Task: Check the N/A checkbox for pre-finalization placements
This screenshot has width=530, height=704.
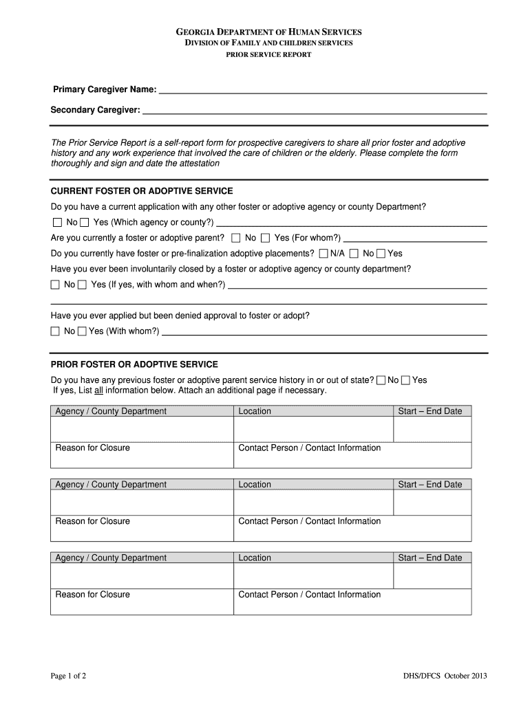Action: click(x=324, y=254)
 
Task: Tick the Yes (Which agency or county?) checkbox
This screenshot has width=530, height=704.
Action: click(x=84, y=223)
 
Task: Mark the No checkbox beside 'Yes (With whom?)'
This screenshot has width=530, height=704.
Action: click(x=56, y=331)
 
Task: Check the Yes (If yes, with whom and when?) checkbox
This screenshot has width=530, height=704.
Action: click(x=82, y=285)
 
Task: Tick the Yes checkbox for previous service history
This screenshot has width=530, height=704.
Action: click(x=405, y=380)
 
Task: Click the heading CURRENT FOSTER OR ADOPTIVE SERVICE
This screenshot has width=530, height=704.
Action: click(x=142, y=190)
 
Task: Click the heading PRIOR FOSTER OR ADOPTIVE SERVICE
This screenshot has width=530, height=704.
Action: click(x=134, y=364)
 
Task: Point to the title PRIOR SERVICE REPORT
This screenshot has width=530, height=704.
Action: click(x=268, y=55)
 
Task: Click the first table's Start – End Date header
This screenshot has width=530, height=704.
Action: click(x=430, y=411)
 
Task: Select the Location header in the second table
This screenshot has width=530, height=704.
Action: click(x=255, y=485)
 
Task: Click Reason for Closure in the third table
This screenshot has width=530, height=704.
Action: click(x=92, y=595)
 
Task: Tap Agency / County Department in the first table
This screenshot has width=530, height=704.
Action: click(x=111, y=411)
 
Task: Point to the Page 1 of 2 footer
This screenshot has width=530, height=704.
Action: click(x=69, y=676)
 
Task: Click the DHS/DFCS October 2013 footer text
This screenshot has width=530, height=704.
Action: click(x=445, y=676)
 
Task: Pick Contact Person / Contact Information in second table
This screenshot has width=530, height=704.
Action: click(x=309, y=521)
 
